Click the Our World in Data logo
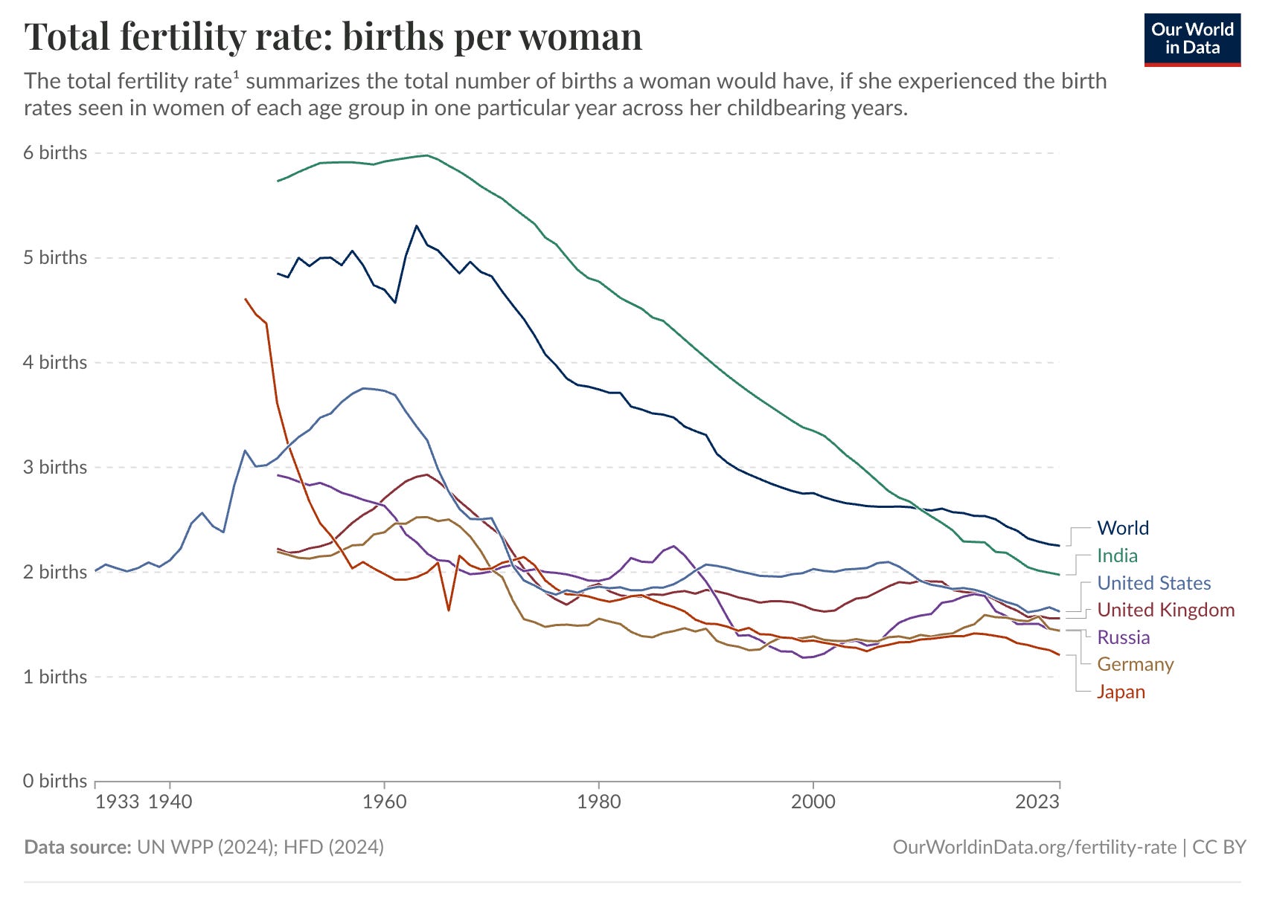tap(1192, 39)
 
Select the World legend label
tap(1122, 528)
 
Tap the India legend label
tap(1117, 555)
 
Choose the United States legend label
tap(1153, 583)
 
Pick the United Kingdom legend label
tap(1165, 610)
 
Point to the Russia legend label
tap(1123, 637)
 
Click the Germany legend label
tap(1135, 664)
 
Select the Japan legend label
tap(1121, 692)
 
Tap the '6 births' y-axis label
tap(55, 152)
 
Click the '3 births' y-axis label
tap(55, 467)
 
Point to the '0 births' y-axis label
tap(55, 781)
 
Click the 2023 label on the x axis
tap(1037, 802)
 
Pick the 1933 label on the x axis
tap(118, 802)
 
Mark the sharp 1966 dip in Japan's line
tap(449, 611)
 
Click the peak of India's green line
tap(426, 155)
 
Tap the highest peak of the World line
tap(416, 225)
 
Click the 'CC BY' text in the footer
tap(1219, 847)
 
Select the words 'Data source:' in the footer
tap(77, 847)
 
